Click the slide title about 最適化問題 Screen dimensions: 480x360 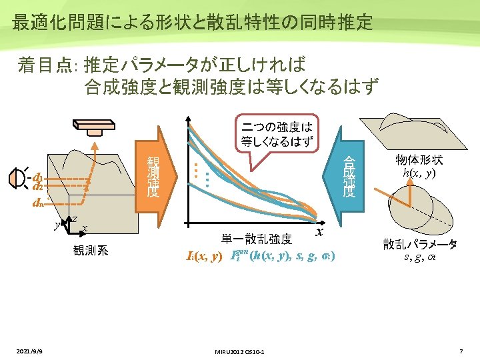(x=192, y=22)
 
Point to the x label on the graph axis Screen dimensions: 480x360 (x=319, y=231)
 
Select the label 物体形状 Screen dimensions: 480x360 (x=419, y=160)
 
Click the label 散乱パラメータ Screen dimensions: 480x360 (x=419, y=244)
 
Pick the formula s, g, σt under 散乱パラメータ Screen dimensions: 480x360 (x=419, y=257)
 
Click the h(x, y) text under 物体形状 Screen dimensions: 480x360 (x=419, y=173)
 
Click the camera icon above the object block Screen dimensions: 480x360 (x=95, y=126)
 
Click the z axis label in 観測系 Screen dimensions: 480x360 (x=75, y=219)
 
